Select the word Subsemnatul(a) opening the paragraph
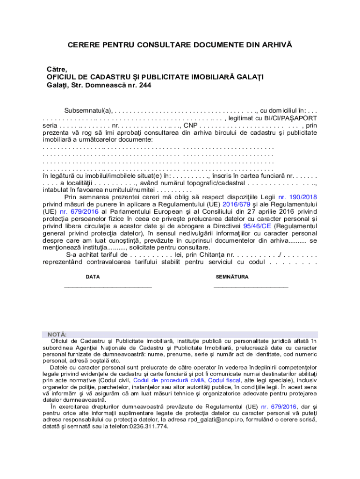click(88, 110)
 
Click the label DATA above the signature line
click(93, 277)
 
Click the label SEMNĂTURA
click(232, 277)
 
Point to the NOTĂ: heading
click(57, 335)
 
